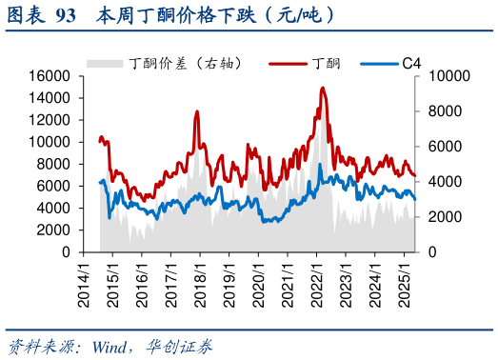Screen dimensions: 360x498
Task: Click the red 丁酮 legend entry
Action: click(x=314, y=63)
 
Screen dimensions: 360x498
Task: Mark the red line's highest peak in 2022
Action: click(x=323, y=88)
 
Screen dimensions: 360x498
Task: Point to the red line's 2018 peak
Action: click(x=197, y=111)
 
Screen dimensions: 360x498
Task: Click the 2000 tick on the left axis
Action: click(x=55, y=230)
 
